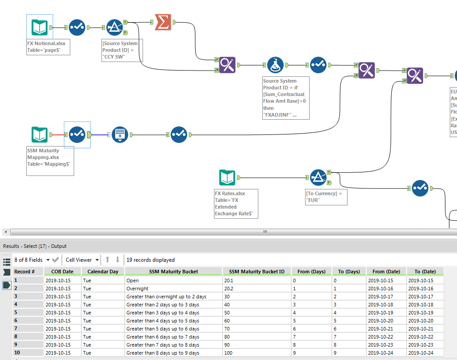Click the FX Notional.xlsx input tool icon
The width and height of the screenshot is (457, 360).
(x=39, y=27)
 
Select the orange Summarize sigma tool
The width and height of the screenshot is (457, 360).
(x=163, y=22)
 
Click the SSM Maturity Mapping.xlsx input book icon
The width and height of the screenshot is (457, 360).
(x=39, y=134)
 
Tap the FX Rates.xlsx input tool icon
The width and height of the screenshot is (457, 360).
(x=227, y=178)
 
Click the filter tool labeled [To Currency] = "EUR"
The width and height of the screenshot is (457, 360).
(x=318, y=178)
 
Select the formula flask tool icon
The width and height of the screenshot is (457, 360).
(x=276, y=65)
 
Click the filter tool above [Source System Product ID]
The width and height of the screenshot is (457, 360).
(x=115, y=27)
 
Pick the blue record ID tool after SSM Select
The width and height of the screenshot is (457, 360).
(x=120, y=134)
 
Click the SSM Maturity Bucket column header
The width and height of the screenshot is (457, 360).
(x=174, y=272)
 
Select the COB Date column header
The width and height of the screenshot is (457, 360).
(x=62, y=272)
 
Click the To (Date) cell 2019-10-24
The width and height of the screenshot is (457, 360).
(x=424, y=353)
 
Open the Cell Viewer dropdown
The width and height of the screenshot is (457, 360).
(x=82, y=260)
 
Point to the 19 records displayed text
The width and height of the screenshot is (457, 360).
(x=151, y=260)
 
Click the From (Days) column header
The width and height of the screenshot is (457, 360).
(x=311, y=272)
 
